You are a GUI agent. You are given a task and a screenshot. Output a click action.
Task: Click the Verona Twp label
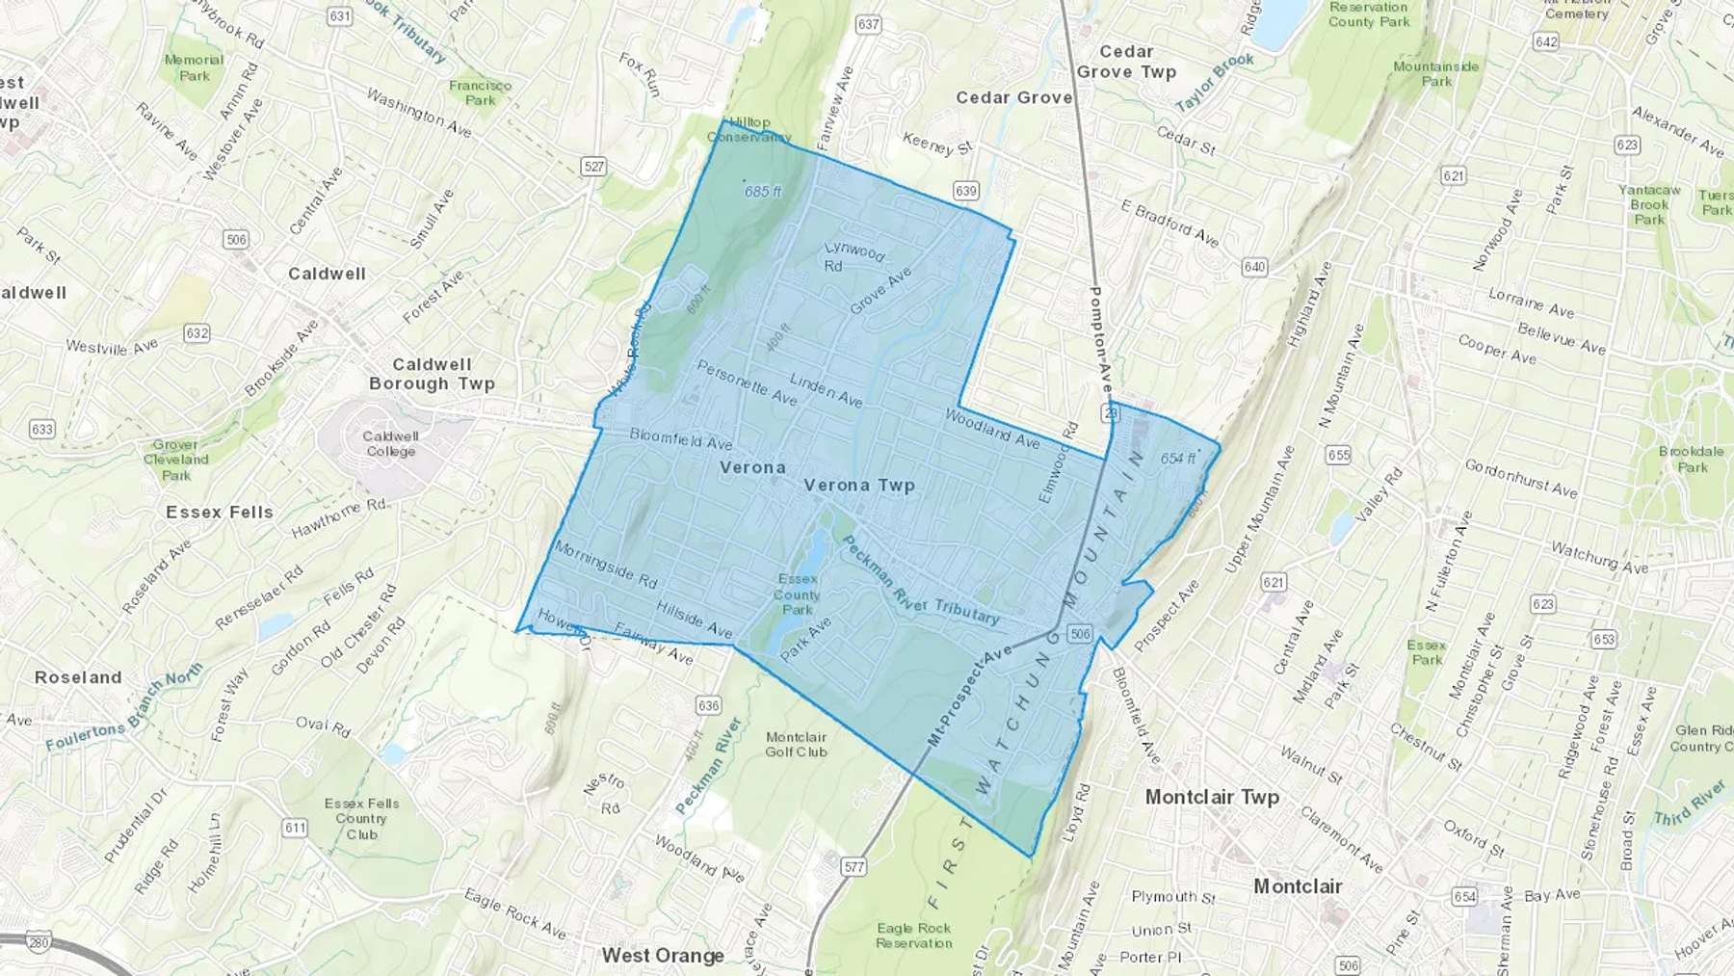(858, 485)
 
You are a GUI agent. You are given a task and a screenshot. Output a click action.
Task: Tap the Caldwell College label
(390, 443)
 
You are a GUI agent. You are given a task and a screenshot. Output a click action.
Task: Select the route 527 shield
(593, 167)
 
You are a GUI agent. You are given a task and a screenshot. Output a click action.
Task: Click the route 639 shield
(966, 191)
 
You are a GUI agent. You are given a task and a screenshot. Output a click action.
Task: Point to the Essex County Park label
(798, 594)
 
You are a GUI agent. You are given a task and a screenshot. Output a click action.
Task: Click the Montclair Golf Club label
(796, 744)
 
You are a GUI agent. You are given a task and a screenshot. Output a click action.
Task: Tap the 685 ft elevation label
(763, 192)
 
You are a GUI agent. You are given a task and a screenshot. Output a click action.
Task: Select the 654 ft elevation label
(1177, 459)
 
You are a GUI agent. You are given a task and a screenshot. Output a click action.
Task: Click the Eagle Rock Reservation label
(913, 935)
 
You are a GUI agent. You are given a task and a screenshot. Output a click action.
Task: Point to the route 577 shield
(854, 866)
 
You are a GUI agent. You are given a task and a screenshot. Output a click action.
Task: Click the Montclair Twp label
(1212, 797)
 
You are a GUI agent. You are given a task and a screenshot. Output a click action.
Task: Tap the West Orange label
(663, 955)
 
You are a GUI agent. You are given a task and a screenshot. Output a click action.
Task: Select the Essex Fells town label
(220, 512)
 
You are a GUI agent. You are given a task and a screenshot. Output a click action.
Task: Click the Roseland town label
(78, 677)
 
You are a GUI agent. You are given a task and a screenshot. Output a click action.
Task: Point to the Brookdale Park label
(1691, 459)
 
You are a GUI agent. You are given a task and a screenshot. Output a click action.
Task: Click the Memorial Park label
(194, 67)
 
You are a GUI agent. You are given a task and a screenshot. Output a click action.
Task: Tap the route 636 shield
(708, 705)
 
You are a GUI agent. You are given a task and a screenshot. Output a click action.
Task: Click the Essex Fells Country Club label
(361, 819)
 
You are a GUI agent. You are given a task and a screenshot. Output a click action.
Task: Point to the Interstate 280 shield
(38, 941)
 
